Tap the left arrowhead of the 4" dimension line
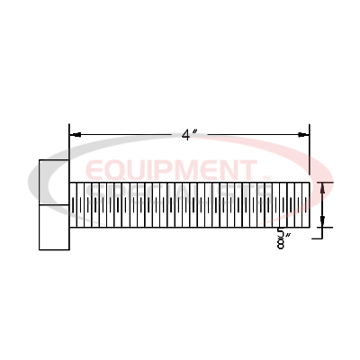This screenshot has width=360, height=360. click(x=75, y=135)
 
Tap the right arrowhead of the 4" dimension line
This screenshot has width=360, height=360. click(x=304, y=135)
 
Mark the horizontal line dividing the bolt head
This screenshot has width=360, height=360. click(x=53, y=205)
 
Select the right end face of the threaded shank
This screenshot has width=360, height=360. click(x=311, y=205)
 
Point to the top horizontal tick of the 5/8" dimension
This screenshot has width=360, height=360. click(x=325, y=182)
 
